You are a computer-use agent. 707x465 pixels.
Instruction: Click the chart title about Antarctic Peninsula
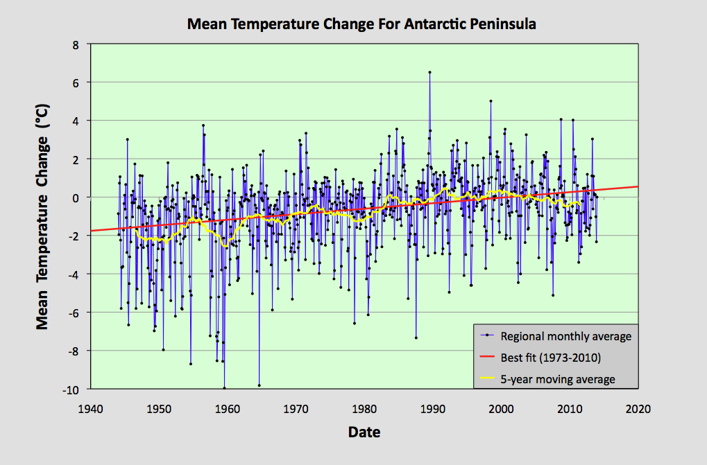coord(361,24)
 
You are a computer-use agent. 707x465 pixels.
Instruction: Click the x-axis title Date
coord(364,432)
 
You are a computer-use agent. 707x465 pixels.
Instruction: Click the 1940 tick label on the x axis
coord(90,408)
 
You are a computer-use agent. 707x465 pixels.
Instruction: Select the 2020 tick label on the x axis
coord(638,408)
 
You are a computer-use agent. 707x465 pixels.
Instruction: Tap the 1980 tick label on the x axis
coord(364,408)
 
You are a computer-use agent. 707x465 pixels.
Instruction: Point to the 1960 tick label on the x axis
coord(227,408)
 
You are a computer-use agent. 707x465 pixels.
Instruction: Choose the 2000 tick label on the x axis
coord(501,408)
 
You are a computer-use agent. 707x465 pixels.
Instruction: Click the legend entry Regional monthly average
coord(566,336)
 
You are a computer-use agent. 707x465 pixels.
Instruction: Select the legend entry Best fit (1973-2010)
coord(550,358)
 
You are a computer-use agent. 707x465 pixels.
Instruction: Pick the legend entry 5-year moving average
coord(558,379)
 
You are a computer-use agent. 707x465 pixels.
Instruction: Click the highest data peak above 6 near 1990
coord(429,71)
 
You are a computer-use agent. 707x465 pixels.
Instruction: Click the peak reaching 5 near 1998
coord(491,101)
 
